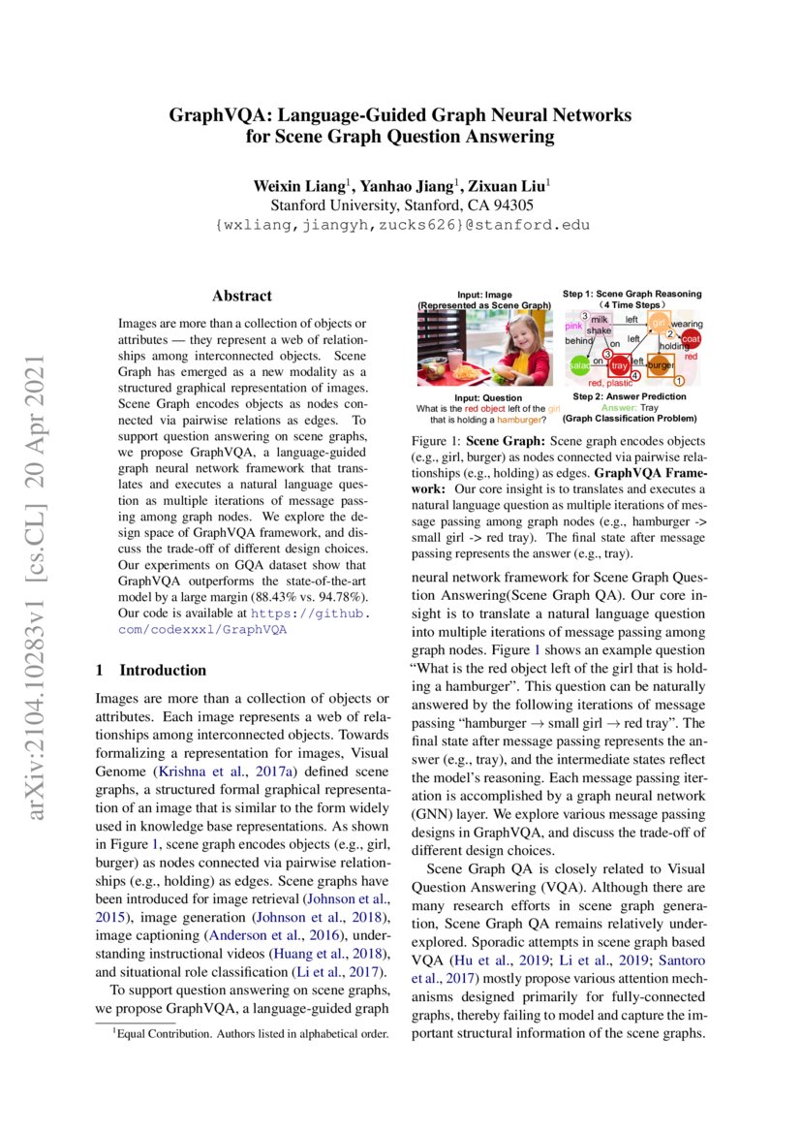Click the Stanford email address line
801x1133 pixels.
pyautogui.click(x=400, y=225)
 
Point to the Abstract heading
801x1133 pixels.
pyautogui.click(x=242, y=296)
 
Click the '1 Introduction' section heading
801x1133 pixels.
pyautogui.click(x=150, y=670)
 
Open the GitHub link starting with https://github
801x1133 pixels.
pyautogui.click(x=311, y=613)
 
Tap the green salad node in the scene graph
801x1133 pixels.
pyautogui.click(x=579, y=366)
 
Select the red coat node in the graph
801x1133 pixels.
pyautogui.click(x=690, y=338)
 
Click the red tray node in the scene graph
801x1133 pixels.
pyautogui.click(x=619, y=365)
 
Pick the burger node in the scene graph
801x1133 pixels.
pyautogui.click(x=661, y=365)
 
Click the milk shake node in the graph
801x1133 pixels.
pyautogui.click(x=600, y=325)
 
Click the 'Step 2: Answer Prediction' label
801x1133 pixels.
pyautogui.click(x=629, y=396)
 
